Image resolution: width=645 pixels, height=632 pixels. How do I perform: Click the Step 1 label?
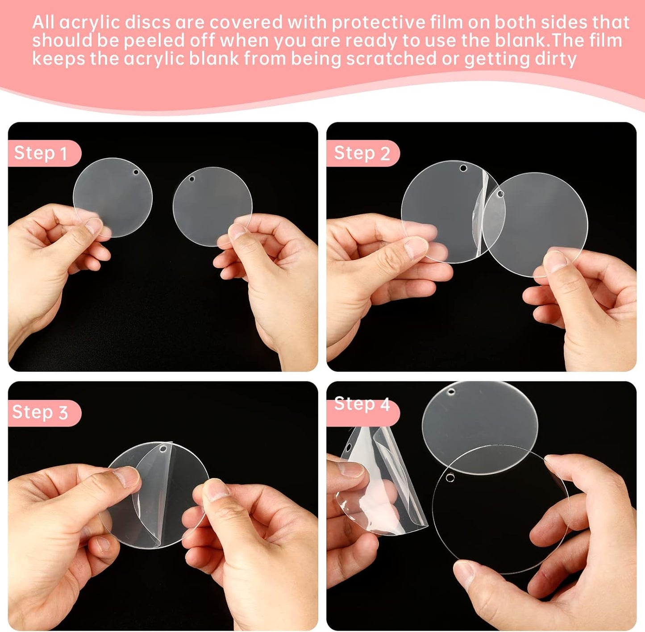pos(41,153)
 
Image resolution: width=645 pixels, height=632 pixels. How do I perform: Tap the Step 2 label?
pos(362,153)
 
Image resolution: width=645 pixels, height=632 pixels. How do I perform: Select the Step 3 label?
pos(40,412)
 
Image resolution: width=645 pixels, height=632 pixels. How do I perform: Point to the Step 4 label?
pos(362,404)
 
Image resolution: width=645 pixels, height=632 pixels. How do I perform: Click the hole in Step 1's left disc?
pos(136,172)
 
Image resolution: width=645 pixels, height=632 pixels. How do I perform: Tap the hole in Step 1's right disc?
pos(192,179)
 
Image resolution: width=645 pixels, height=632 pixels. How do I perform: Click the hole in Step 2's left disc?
pos(463,168)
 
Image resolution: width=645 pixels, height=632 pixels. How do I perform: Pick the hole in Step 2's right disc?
pos(500,194)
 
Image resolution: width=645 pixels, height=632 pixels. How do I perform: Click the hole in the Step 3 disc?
pos(163,448)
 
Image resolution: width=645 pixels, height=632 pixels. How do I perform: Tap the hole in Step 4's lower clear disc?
pos(450,478)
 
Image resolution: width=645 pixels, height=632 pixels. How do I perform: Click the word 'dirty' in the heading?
pos(555,58)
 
